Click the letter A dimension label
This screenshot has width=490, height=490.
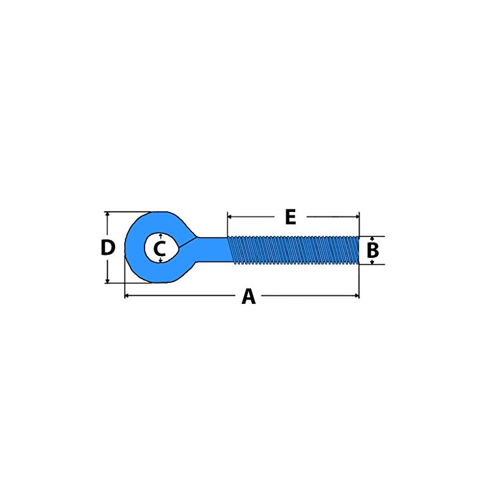(x=249, y=296)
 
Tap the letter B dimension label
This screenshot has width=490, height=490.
(x=373, y=251)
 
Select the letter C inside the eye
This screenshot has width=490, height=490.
(x=160, y=249)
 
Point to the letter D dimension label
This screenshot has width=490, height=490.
(x=108, y=247)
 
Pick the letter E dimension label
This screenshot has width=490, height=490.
(x=290, y=217)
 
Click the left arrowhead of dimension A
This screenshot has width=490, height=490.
(x=127, y=295)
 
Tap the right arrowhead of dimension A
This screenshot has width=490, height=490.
(x=357, y=295)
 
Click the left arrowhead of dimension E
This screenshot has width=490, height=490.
(x=230, y=216)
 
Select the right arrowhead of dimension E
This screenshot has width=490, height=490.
(x=357, y=216)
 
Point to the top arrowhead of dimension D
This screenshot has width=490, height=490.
(x=108, y=214)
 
